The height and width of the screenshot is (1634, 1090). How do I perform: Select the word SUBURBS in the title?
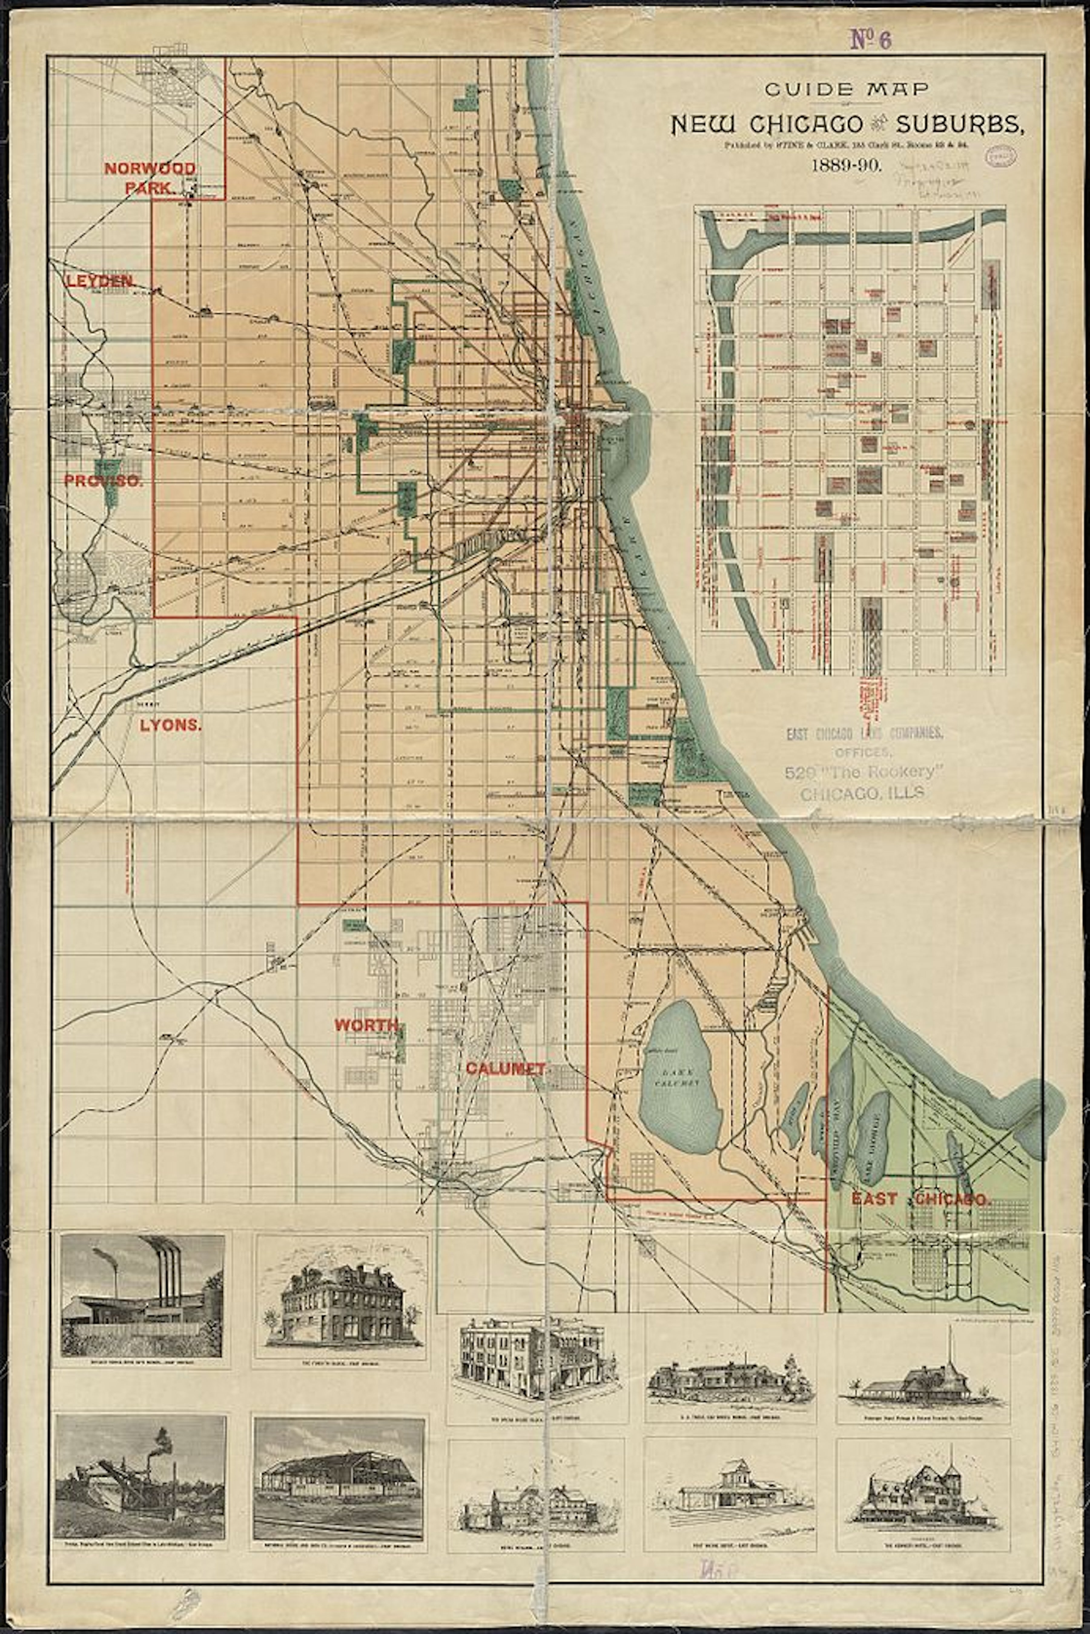coord(959,125)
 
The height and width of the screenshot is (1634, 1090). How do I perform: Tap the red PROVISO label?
coord(103,481)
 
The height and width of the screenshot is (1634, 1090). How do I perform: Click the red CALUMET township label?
coord(505,1068)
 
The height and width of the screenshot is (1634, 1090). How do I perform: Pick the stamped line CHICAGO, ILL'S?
coord(862,793)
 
